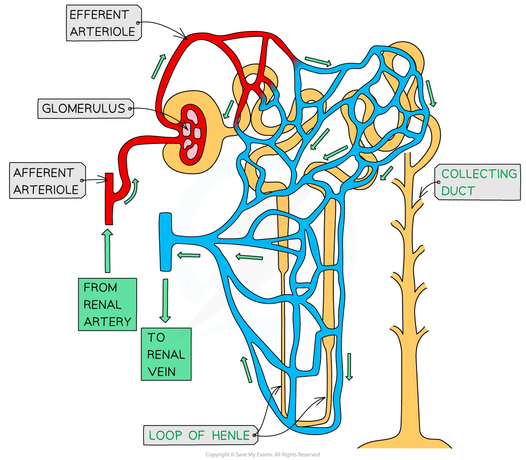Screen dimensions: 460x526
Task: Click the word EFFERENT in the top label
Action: (99, 15)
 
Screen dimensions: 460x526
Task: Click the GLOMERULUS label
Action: (83, 109)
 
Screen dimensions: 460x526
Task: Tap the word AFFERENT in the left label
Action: (44, 173)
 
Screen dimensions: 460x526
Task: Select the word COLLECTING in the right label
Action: (479, 174)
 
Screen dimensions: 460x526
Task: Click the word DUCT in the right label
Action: (458, 191)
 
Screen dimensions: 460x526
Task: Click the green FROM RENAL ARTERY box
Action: (107, 305)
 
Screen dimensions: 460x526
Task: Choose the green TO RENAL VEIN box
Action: (166, 354)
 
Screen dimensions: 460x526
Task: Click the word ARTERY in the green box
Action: (107, 322)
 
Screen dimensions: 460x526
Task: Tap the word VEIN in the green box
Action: (161, 372)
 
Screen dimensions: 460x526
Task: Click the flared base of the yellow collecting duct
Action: (405, 442)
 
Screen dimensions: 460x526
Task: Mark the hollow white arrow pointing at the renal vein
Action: (188, 255)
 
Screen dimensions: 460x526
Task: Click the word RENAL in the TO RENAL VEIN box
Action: (166, 354)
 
